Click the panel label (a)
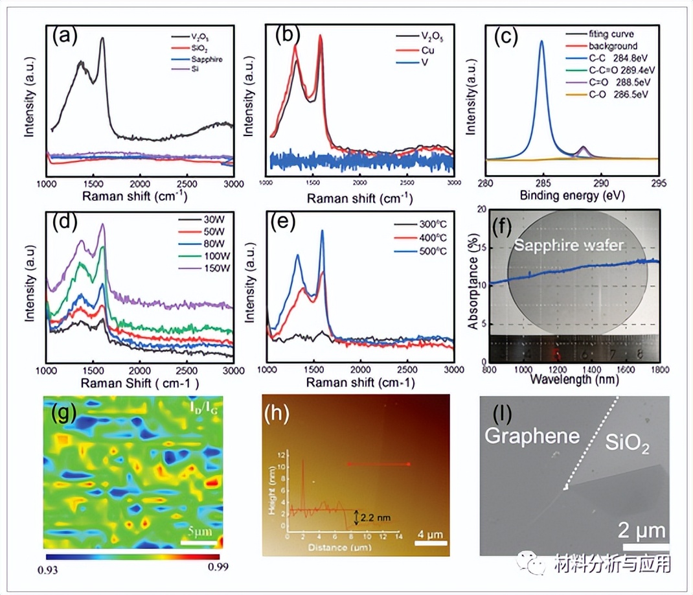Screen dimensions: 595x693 (x=65, y=38)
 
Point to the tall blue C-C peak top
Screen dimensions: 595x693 (x=541, y=41)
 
